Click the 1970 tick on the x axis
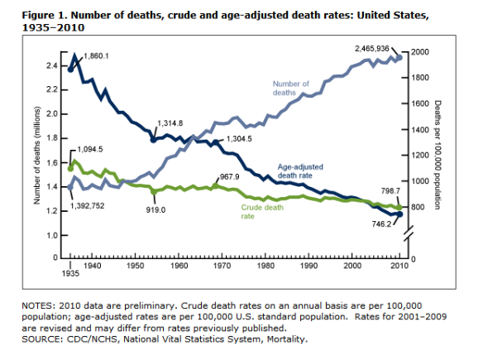coord(222,266)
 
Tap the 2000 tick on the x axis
coord(351,266)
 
